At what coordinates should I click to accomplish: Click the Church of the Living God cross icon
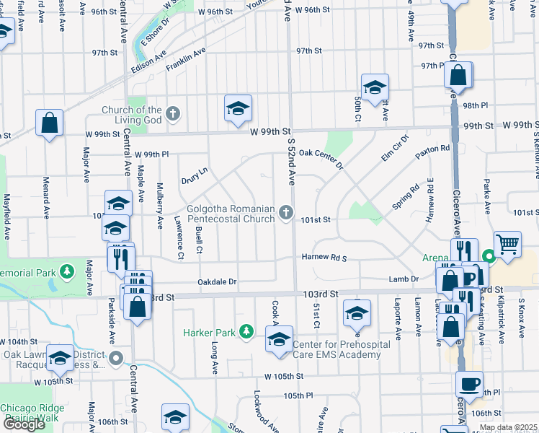[x=172, y=113]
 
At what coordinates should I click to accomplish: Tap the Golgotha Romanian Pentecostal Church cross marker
[x=286, y=212]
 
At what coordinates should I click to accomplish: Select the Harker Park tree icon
[x=246, y=332]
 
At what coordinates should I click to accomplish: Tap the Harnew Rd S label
[x=324, y=258]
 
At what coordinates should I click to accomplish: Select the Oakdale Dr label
[x=218, y=281]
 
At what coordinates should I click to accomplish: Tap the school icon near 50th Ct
[x=375, y=88]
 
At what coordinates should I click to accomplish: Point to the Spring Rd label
[x=405, y=196]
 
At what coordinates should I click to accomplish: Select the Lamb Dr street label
[x=404, y=279]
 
